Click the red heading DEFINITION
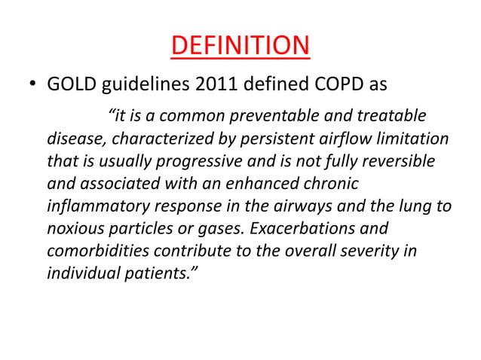(240, 45)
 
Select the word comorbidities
(98, 249)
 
